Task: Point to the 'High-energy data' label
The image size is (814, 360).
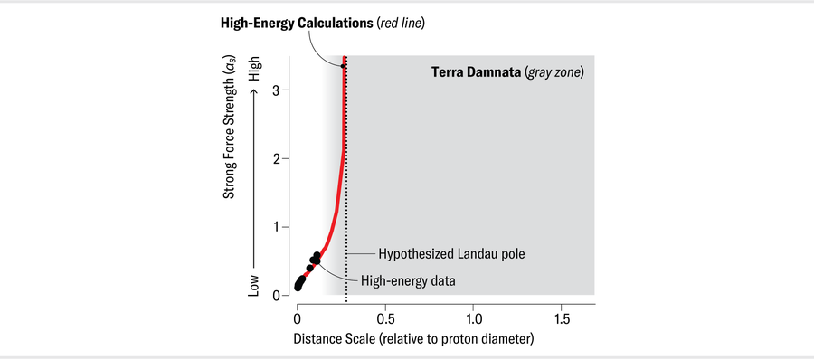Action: (408, 280)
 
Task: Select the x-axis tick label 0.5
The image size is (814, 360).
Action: (385, 320)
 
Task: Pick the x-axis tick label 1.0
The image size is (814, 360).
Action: (474, 320)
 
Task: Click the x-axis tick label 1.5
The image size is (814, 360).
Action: (562, 320)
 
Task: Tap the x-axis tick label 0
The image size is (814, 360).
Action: (297, 320)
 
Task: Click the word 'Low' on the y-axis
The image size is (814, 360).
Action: (256, 286)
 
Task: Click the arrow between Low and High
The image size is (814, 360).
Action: (256, 181)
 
